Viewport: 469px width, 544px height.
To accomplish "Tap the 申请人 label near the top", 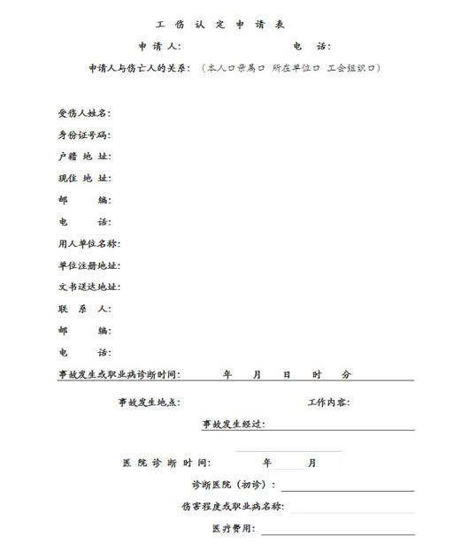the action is point(158,46).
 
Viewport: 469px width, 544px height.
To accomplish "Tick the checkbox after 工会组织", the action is point(373,68).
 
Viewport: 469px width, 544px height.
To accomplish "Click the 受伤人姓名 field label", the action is point(84,113).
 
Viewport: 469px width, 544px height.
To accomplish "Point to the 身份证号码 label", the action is point(84,135).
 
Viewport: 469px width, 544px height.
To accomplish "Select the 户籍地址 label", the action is point(84,157).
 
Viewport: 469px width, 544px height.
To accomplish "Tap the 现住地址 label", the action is point(84,179).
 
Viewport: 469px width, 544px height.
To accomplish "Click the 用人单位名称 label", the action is point(88,243).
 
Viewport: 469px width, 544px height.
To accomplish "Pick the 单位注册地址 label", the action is point(88,265).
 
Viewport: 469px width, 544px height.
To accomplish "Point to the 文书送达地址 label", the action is point(88,287).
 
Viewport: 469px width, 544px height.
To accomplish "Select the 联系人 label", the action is point(84,309).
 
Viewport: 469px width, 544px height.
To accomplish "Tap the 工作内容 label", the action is point(327,402).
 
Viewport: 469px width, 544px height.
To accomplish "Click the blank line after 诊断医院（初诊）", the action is point(347,486).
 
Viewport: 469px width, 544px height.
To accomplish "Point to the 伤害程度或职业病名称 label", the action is point(232,507).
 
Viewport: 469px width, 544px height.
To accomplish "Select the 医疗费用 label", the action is point(232,529).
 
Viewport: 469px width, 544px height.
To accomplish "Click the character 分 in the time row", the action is point(346,374).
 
